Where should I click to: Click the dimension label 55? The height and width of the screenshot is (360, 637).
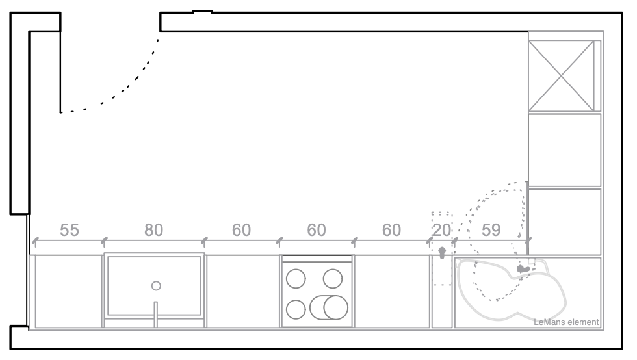click(70, 230)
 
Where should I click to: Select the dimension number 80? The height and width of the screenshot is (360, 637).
click(153, 230)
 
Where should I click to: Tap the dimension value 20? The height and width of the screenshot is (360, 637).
click(442, 230)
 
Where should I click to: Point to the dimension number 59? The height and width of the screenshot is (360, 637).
click(491, 230)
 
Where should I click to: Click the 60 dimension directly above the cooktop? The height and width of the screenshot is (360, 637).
click(316, 230)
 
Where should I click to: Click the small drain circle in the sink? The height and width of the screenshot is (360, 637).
click(155, 285)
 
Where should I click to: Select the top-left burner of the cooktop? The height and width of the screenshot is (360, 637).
click(296, 278)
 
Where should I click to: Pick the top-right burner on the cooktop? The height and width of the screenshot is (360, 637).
click(332, 278)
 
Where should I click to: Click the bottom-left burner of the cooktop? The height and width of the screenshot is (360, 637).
click(296, 309)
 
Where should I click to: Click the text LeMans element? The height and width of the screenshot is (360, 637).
click(565, 322)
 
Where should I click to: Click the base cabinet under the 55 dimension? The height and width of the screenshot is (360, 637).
click(68, 290)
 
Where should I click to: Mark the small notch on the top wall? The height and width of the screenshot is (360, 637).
click(202, 11)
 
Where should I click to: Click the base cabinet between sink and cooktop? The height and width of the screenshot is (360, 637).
click(242, 290)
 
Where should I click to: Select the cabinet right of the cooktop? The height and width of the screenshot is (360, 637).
click(392, 290)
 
